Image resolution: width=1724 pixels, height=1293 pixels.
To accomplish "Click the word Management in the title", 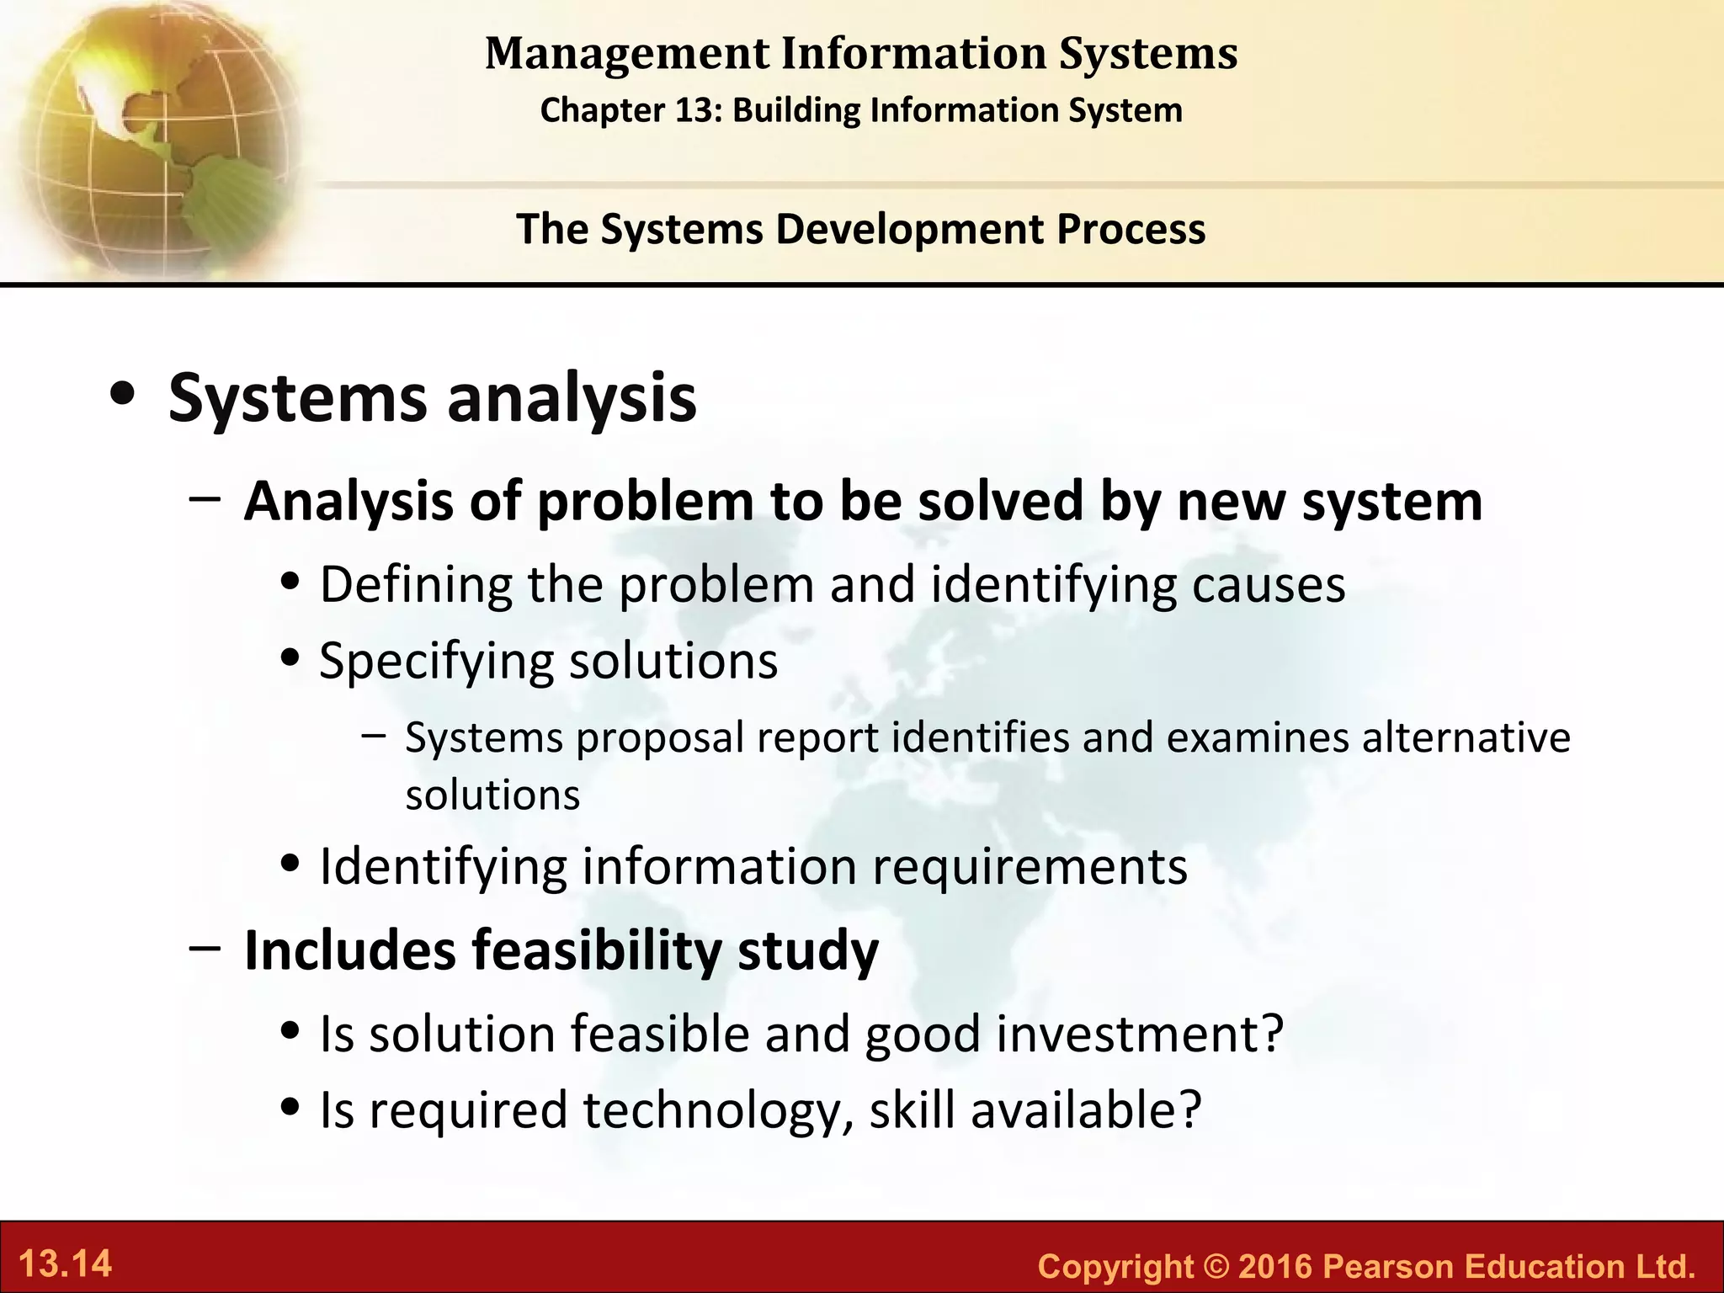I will (x=627, y=54).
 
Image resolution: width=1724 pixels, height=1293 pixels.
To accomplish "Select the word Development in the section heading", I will (x=909, y=229).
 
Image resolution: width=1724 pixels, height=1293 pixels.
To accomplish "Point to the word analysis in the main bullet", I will (x=572, y=399).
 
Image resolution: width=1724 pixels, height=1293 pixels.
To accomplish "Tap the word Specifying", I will (x=436, y=662).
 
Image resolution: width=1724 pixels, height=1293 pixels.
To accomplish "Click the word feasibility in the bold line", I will (x=596, y=950).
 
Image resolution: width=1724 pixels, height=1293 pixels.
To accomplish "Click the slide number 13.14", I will (x=65, y=1264).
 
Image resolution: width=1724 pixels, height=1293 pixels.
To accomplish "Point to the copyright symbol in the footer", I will (x=1216, y=1266).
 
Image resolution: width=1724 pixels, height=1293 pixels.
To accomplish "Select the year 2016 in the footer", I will (x=1275, y=1266).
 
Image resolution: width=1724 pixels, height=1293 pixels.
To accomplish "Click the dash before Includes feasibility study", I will (x=205, y=947).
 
